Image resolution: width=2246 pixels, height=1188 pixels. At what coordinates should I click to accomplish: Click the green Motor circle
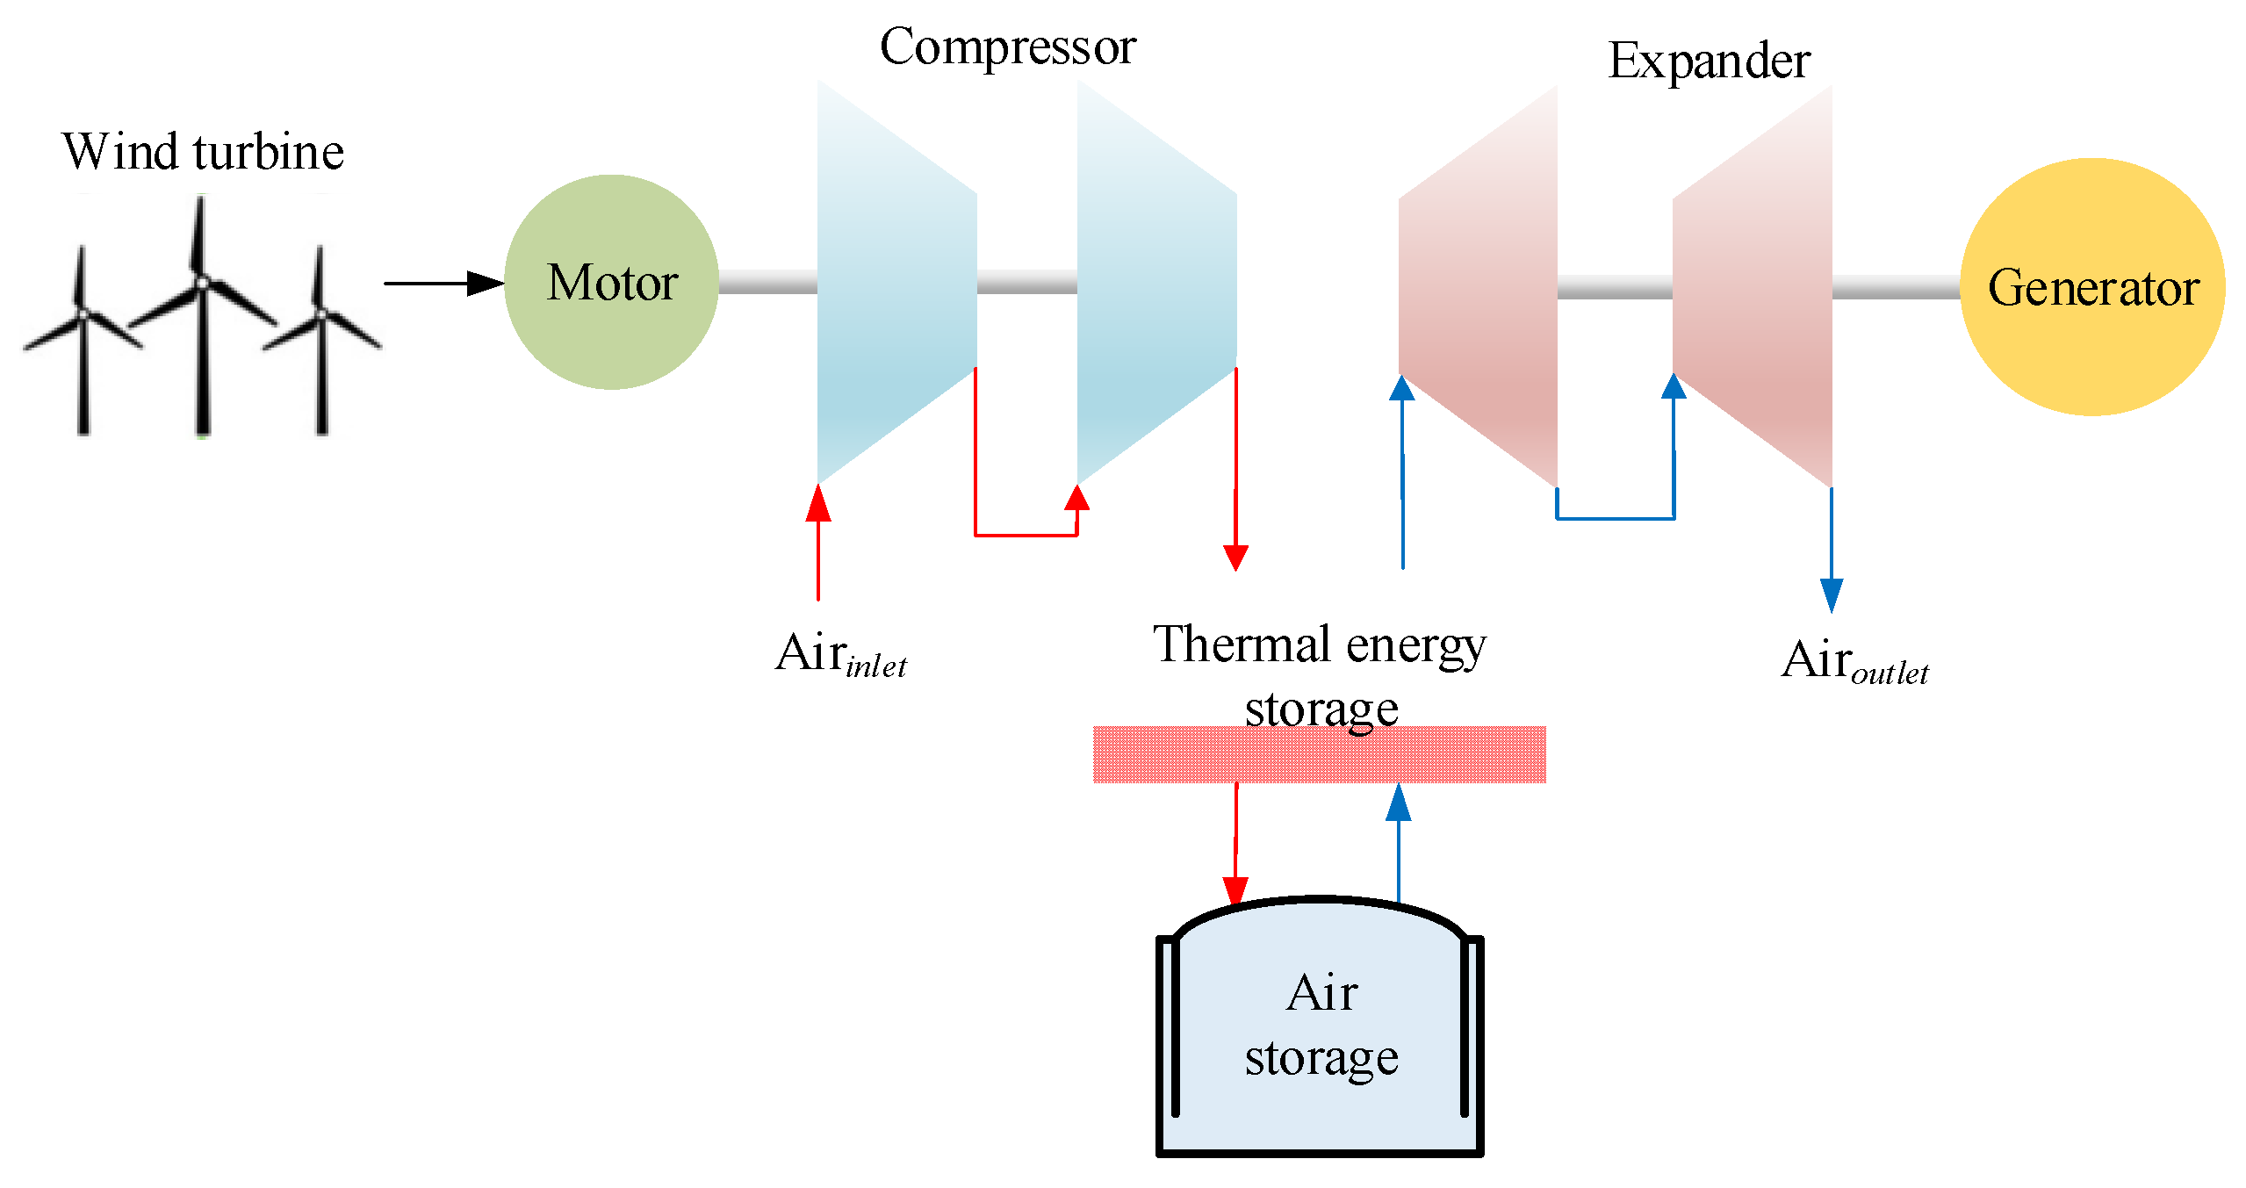tap(611, 282)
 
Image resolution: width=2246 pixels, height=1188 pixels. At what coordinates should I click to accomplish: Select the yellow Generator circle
tap(2091, 287)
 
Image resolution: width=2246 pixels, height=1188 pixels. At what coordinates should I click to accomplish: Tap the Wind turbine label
tap(203, 152)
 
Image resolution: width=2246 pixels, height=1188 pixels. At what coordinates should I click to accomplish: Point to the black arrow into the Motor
tap(443, 284)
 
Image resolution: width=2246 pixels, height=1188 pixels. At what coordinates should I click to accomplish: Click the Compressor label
tap(1007, 47)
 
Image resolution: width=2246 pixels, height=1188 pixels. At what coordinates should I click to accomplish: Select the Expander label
tap(1708, 61)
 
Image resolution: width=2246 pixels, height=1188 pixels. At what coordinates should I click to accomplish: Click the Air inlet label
tap(840, 655)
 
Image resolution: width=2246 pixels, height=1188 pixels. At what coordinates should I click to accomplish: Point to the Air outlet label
tap(1854, 661)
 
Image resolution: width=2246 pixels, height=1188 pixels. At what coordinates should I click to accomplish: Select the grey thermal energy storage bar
tap(1318, 755)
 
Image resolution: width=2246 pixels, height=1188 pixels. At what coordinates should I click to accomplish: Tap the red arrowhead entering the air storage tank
tap(1235, 889)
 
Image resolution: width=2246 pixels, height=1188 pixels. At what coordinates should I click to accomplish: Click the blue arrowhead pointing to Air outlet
tap(1831, 594)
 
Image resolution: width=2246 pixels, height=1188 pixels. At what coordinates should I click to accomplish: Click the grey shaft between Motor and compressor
tap(767, 282)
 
